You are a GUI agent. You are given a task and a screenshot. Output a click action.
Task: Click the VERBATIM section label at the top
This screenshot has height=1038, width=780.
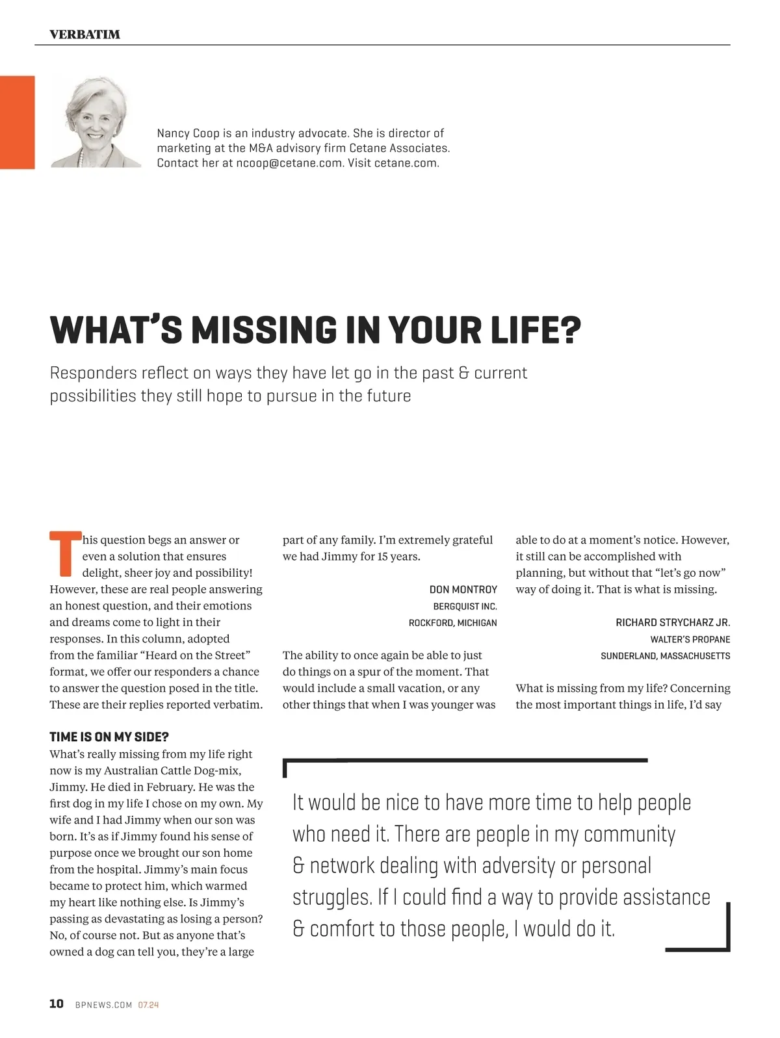pyautogui.click(x=84, y=34)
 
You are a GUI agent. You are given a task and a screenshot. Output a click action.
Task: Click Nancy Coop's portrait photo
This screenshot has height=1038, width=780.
pyautogui.click(x=96, y=122)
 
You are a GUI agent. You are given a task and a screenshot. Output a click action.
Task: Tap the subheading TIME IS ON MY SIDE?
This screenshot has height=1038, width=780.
pyautogui.click(x=109, y=737)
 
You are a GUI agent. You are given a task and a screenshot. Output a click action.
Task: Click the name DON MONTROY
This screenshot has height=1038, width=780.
pyautogui.click(x=463, y=589)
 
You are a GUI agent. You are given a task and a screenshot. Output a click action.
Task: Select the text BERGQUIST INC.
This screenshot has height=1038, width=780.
pyautogui.click(x=465, y=606)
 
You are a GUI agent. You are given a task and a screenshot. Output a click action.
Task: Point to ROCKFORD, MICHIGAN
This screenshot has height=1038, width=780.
pyautogui.click(x=452, y=623)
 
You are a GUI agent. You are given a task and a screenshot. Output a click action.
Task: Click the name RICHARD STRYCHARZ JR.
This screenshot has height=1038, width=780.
pyautogui.click(x=673, y=622)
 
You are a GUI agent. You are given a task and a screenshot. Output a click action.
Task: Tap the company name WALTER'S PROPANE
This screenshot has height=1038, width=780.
pyautogui.click(x=690, y=639)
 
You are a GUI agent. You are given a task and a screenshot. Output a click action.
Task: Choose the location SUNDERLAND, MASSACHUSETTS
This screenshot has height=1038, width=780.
pyautogui.click(x=665, y=656)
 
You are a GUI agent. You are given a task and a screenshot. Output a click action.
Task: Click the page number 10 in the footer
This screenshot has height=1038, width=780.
pyautogui.click(x=57, y=1004)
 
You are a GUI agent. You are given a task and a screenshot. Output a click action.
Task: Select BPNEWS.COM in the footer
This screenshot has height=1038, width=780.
pyautogui.click(x=104, y=1005)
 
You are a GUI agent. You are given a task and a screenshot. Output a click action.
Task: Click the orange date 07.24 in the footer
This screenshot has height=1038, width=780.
pyautogui.click(x=148, y=1005)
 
